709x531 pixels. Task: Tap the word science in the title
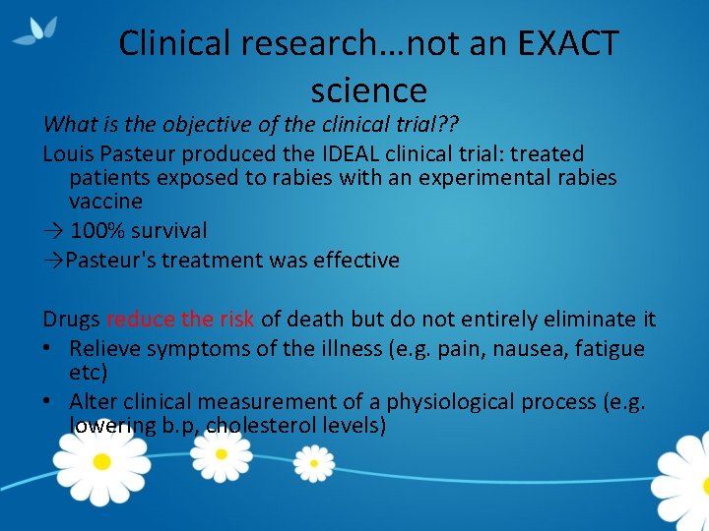pos(368,90)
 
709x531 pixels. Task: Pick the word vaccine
pos(105,202)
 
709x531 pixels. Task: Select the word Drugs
pos(71,320)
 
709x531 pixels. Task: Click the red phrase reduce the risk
pos(180,320)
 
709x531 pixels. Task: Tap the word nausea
pos(511,349)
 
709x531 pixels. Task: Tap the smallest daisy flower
pos(313,462)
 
